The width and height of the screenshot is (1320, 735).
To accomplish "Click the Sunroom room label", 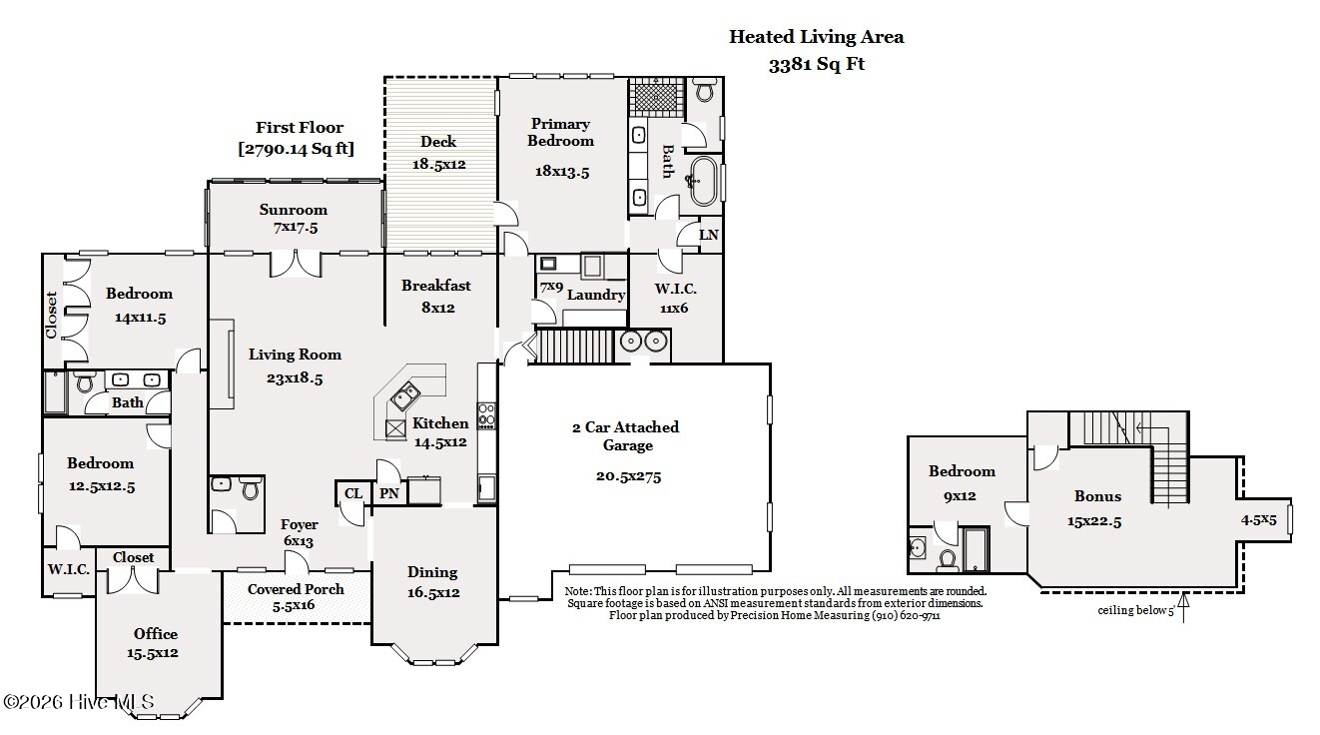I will pyautogui.click(x=294, y=210).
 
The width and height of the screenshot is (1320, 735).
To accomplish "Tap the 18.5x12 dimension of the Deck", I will pyautogui.click(x=438, y=163).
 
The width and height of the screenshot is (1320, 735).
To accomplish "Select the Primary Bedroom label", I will pyautogui.click(x=561, y=132).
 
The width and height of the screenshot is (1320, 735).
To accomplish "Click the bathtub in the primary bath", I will pyautogui.click(x=704, y=181).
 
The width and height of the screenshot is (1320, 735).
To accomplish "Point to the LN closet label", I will pyautogui.click(x=708, y=236).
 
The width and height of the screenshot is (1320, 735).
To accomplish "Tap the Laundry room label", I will pyautogui.click(x=596, y=295).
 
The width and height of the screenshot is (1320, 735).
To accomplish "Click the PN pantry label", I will pyautogui.click(x=387, y=493).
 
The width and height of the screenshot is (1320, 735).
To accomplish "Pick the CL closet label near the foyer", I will pyautogui.click(x=353, y=493).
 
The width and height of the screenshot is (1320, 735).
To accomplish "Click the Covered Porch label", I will pyautogui.click(x=296, y=589).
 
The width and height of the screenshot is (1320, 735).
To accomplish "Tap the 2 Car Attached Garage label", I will pyautogui.click(x=625, y=435).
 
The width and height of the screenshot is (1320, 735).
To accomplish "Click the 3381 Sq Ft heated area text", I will pyautogui.click(x=816, y=65).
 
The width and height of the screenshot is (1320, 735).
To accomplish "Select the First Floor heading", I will pyautogui.click(x=299, y=128).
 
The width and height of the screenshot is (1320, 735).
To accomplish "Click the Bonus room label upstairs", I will pyautogui.click(x=1097, y=496).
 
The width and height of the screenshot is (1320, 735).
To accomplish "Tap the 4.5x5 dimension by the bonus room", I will pyautogui.click(x=1258, y=519).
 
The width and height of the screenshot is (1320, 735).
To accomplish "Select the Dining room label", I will pyautogui.click(x=432, y=572).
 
